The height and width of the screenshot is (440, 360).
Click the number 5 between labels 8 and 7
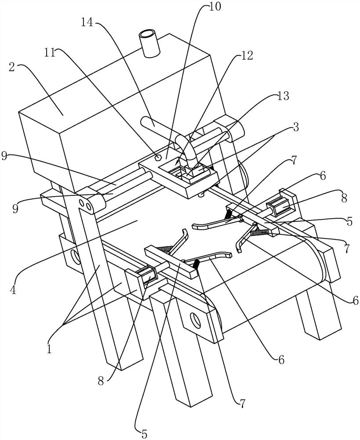tap(350, 222)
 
